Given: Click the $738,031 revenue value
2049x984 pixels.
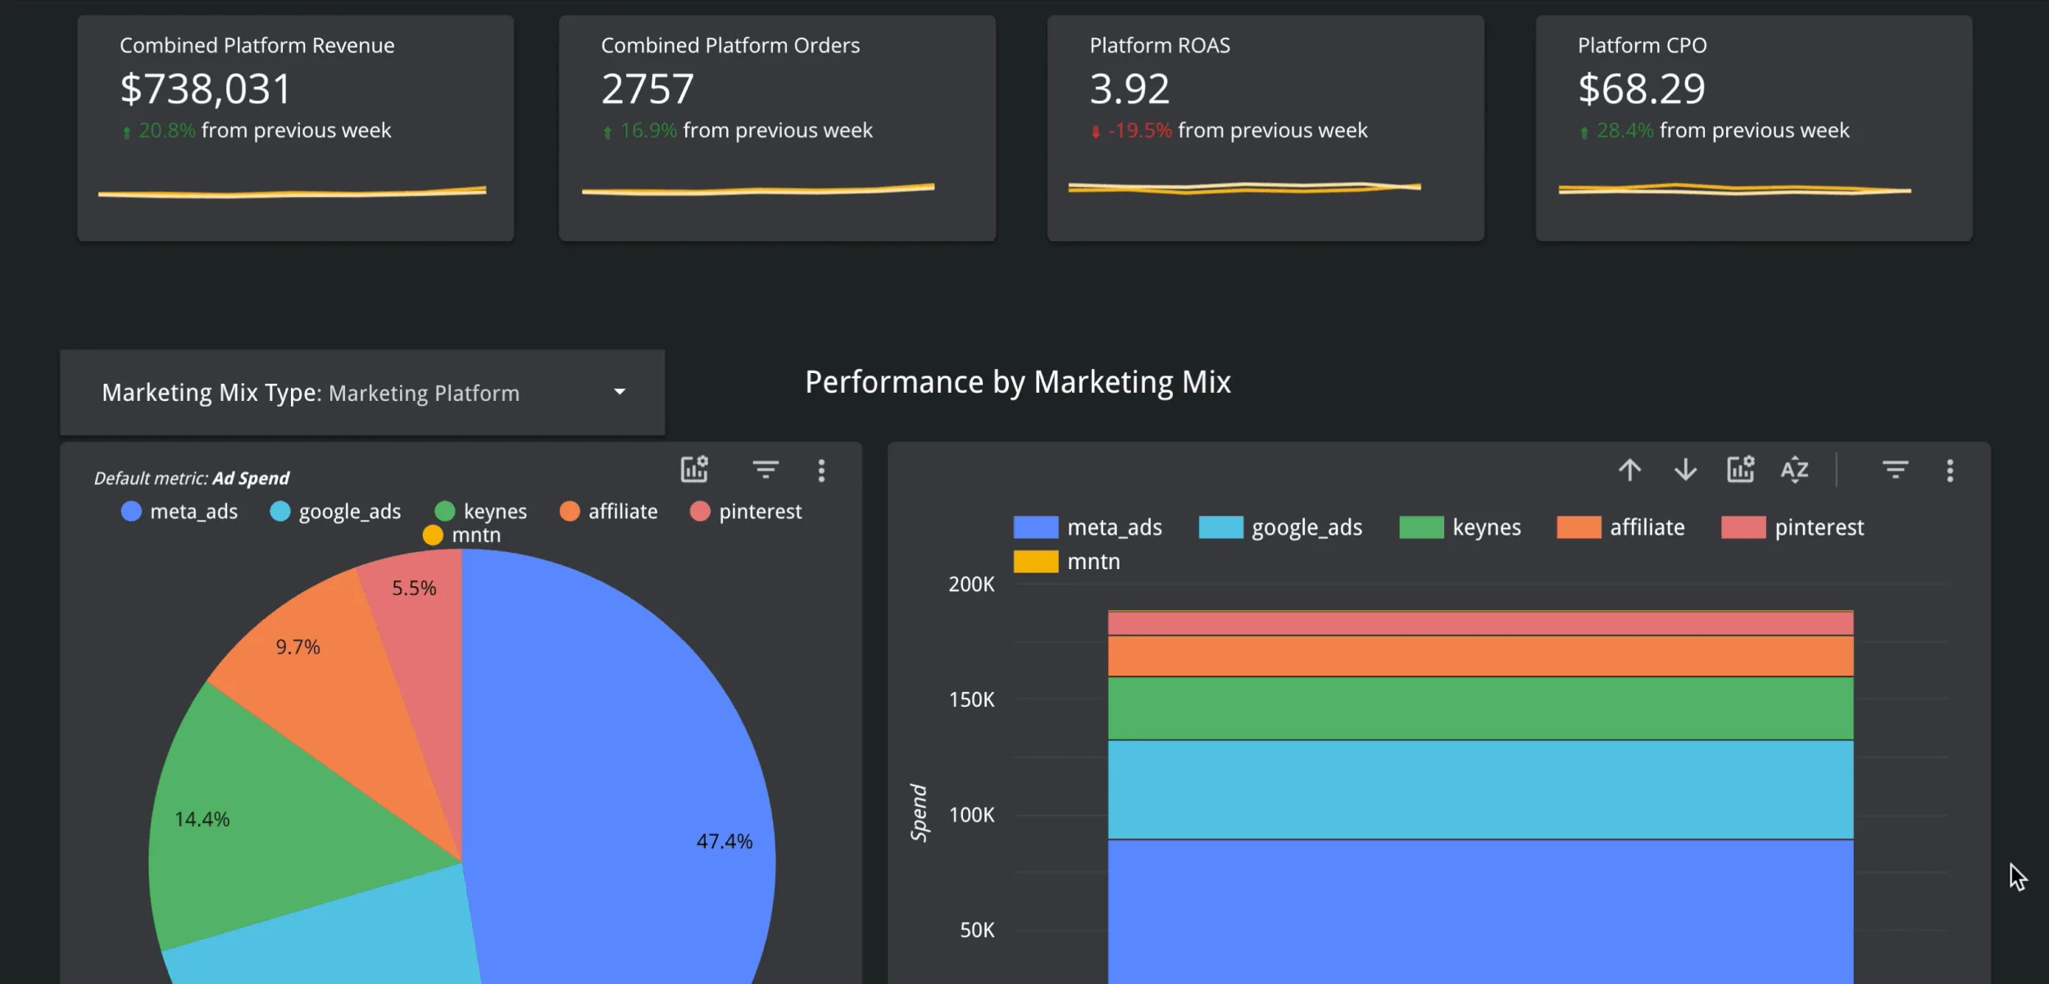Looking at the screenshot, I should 205,89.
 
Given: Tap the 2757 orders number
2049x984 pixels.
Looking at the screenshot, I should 647,89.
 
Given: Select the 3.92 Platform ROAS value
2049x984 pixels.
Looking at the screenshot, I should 1129,89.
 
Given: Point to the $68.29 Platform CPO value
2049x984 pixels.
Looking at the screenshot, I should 1642,89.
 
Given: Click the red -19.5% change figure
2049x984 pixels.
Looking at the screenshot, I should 1140,130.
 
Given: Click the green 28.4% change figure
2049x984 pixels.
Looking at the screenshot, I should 1624,130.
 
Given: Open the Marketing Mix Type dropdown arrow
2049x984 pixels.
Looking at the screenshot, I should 620,392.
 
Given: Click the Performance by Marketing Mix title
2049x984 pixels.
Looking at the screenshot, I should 1017,382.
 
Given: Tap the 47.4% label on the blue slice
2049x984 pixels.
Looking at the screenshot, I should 724,841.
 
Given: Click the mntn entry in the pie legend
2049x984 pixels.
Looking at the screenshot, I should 475,535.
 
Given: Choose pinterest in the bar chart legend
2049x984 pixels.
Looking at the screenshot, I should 1819,527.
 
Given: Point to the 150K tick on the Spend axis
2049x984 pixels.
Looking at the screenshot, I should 971,699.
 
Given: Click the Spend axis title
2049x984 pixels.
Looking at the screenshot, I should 919,812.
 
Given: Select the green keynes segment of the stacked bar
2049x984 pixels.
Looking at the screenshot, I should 1480,708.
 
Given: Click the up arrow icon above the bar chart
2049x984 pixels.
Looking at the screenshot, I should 1629,470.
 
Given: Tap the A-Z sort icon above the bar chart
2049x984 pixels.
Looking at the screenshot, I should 1794,470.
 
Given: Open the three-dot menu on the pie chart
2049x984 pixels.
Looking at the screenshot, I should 821,470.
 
